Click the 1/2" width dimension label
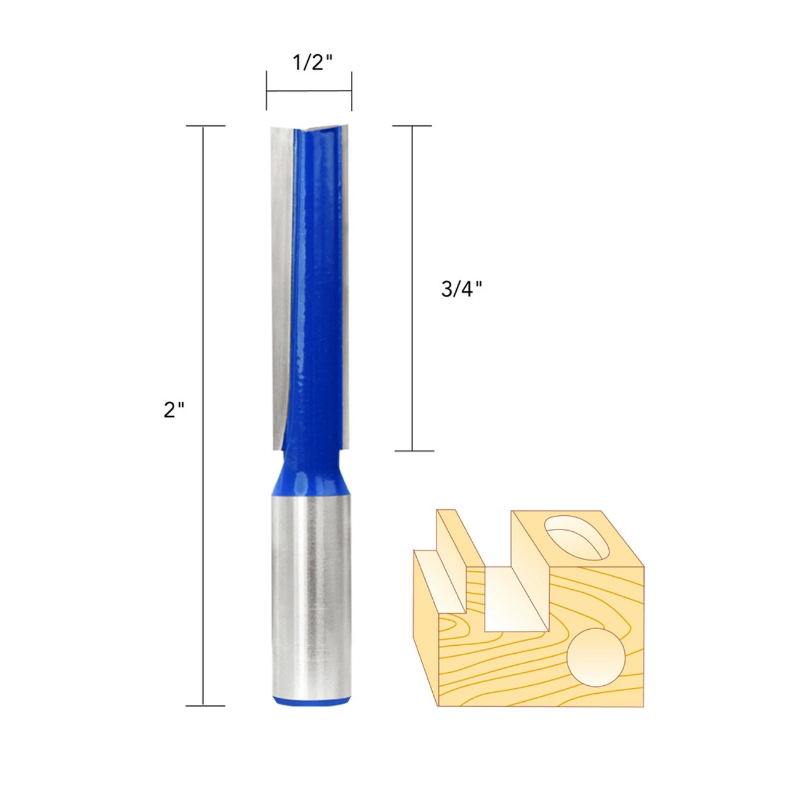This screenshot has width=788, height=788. tap(312, 62)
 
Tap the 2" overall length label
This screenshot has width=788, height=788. tap(174, 409)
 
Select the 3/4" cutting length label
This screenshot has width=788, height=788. tap(462, 289)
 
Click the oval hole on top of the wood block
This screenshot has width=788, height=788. tap(576, 536)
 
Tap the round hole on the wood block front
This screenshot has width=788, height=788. tap(596, 657)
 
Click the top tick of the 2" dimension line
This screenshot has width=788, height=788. tap(205, 126)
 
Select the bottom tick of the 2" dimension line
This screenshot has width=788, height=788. tap(205, 706)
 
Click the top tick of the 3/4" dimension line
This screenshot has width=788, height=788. tap(412, 126)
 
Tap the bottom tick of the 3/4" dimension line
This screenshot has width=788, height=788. tap(412, 451)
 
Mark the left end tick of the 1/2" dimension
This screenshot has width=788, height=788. tap(267, 91)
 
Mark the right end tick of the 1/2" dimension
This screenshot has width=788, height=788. tap(352, 91)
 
